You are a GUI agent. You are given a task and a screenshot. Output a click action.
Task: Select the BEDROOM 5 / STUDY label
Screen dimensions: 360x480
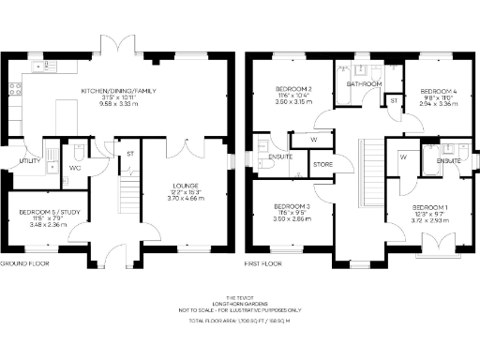pos(45,212)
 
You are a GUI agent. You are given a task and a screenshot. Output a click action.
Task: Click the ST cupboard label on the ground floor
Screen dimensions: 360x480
pos(130,153)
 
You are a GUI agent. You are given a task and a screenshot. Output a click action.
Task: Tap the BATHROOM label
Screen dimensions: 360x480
pos(364,84)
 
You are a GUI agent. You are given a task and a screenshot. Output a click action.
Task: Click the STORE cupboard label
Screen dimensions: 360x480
pos(322,165)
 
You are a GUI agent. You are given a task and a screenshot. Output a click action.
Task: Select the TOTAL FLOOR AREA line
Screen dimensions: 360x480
pos(241,321)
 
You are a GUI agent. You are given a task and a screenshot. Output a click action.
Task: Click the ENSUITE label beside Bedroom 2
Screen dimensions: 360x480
pos(280,157)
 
